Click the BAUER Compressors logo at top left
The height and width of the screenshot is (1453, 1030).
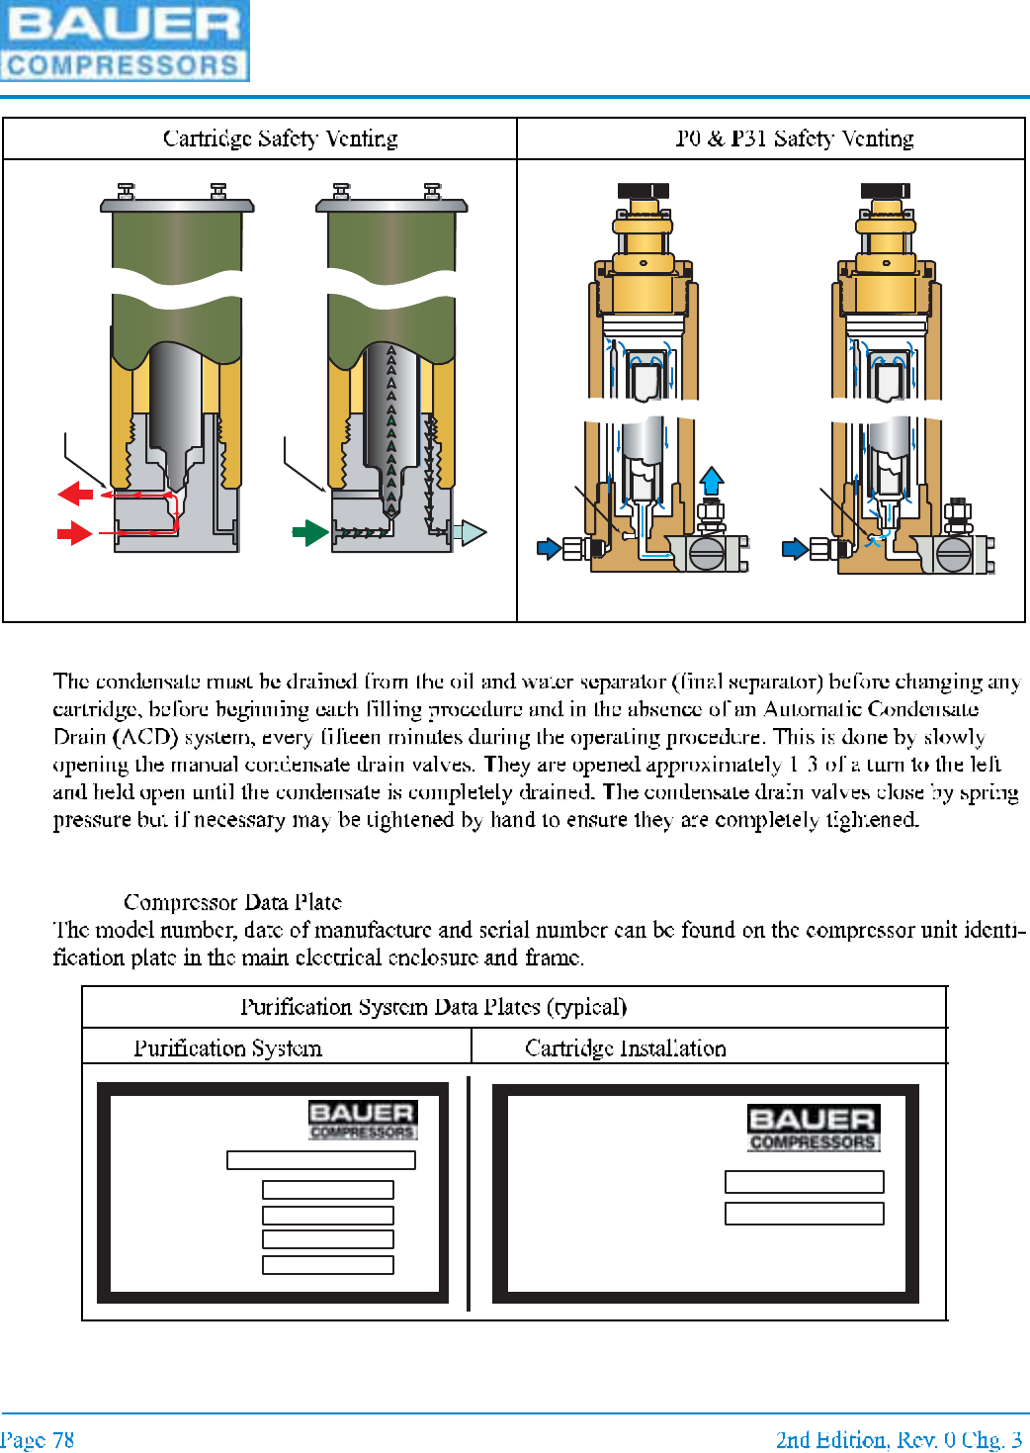(125, 41)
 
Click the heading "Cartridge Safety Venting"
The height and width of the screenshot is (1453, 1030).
(280, 138)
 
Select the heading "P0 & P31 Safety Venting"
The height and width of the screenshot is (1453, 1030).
(795, 138)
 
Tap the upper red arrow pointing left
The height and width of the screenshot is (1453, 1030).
(75, 493)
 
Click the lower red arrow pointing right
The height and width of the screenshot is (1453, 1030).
(75, 534)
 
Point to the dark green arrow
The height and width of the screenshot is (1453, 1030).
(310, 533)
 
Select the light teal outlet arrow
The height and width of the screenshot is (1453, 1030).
(472, 533)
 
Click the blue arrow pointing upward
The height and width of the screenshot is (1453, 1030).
(711, 481)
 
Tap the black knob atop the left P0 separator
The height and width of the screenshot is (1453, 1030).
(643, 191)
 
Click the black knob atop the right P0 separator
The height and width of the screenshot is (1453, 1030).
(885, 191)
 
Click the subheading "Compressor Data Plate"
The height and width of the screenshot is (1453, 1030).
(232, 902)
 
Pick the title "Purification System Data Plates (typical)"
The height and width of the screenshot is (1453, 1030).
(433, 1007)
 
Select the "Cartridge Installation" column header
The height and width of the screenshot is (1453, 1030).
(625, 1048)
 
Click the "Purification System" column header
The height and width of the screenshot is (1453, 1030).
(227, 1048)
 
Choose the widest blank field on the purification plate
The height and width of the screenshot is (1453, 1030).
(321, 1160)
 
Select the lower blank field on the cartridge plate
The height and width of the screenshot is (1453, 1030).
(804, 1214)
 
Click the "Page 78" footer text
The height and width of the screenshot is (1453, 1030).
(38, 1440)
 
